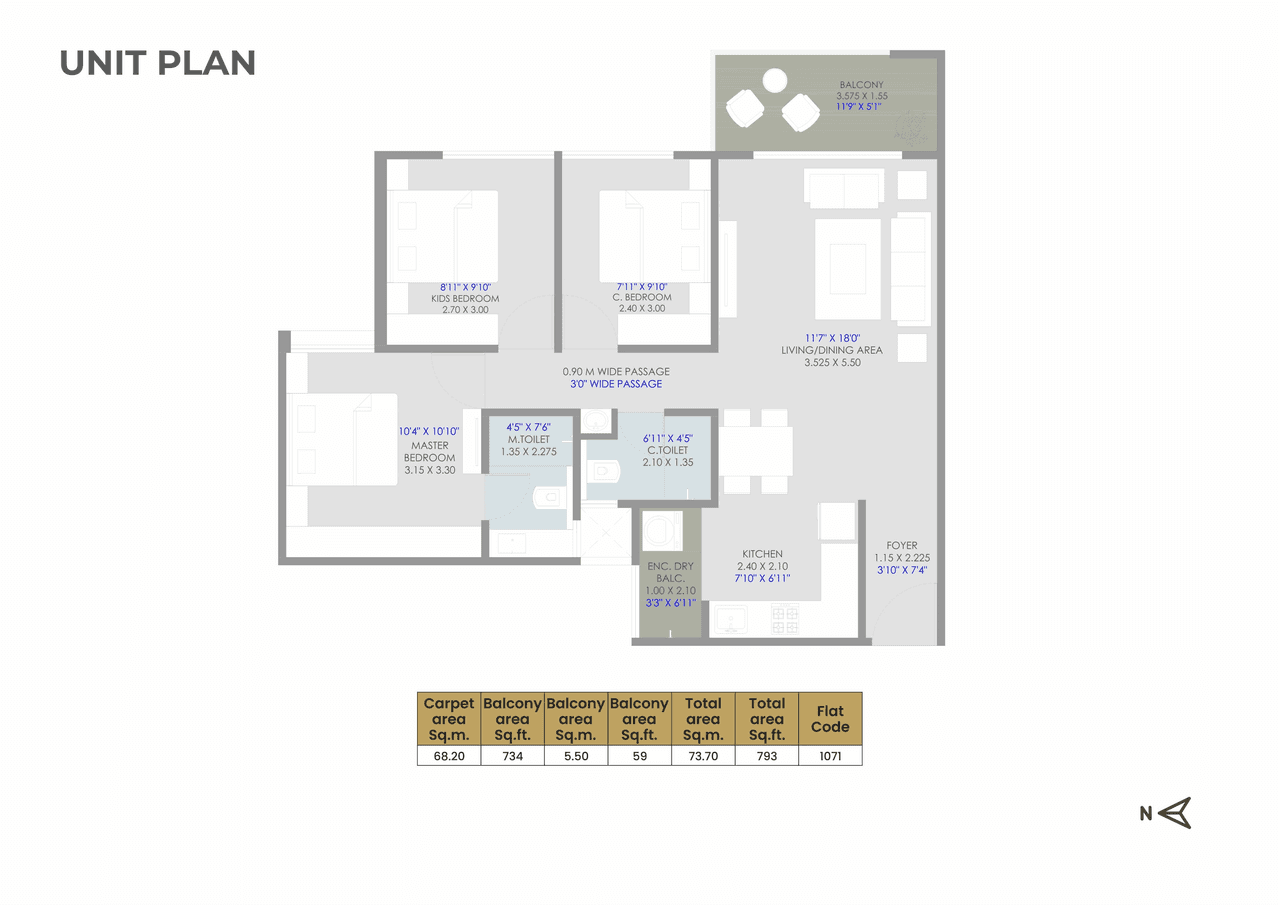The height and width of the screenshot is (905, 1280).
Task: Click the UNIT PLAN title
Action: click(158, 63)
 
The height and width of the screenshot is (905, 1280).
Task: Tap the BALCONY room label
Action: click(861, 85)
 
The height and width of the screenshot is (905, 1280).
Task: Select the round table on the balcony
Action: click(775, 79)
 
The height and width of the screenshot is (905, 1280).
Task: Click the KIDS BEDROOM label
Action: click(465, 298)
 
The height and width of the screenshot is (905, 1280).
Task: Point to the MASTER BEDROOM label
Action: click(429, 452)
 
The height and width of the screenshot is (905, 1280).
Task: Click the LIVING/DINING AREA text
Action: click(832, 350)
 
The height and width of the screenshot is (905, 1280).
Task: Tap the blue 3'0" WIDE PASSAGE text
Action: click(612, 384)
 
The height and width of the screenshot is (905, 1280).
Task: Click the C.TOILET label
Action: click(666, 450)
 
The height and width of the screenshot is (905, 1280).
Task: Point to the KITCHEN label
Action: click(762, 554)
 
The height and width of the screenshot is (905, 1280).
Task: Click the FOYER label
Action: click(901, 546)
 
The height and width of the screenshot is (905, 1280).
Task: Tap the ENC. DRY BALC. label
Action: click(670, 573)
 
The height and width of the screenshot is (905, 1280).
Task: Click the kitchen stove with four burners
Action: click(785, 620)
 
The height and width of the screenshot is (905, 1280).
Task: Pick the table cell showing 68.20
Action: click(449, 756)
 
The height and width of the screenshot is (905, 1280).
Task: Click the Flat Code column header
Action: click(830, 719)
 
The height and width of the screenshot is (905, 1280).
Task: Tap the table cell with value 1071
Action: click(830, 756)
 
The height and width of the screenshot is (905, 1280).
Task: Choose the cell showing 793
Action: click(767, 756)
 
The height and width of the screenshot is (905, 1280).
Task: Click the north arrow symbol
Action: click(1176, 813)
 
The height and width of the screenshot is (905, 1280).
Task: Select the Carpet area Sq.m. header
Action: click(449, 719)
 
